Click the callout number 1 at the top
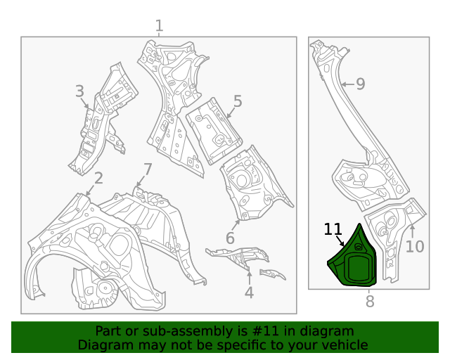[x=159, y=26]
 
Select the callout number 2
[x=98, y=178]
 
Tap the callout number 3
[x=79, y=91]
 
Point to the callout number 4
[x=249, y=292]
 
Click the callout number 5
[x=238, y=101]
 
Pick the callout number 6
[x=230, y=238]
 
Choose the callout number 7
[x=148, y=169]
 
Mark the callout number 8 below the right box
[x=369, y=302]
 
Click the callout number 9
[x=360, y=84]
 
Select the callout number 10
[x=415, y=247]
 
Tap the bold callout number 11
[x=333, y=230]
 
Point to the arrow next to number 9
[x=346, y=84]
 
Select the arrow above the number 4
[x=249, y=276]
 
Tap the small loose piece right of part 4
[x=272, y=274]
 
